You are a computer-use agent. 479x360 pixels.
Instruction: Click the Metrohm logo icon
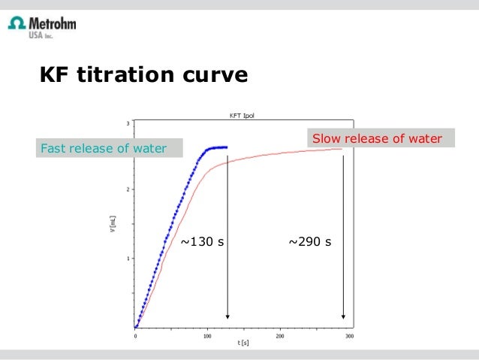point(16,24)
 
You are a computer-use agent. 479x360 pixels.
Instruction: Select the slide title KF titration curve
point(143,76)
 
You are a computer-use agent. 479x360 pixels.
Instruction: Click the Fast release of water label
point(103,148)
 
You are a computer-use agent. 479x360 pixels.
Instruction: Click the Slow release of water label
point(377,138)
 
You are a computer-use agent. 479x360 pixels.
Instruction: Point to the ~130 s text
point(203,242)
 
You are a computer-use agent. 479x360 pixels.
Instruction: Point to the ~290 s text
point(310,242)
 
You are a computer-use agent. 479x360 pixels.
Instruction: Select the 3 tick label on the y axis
point(128,123)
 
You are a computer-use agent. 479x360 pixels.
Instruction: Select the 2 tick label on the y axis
point(128,189)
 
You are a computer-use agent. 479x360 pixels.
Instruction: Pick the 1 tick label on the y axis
point(128,258)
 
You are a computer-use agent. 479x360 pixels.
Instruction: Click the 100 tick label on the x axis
point(207,335)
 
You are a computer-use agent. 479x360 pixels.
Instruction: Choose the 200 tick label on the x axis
point(279,335)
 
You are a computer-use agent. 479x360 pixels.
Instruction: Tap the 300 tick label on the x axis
point(350,335)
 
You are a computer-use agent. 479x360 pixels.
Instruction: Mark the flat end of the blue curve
point(224,147)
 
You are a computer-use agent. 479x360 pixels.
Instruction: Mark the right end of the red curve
point(342,149)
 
